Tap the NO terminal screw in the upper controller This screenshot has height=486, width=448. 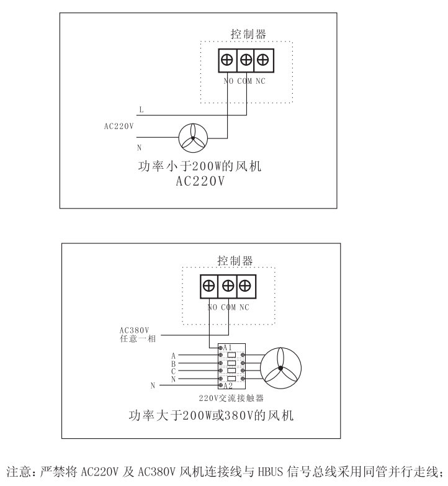tap(227, 60)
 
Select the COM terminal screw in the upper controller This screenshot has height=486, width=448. tap(246, 60)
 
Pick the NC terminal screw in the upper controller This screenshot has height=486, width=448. tap(263, 60)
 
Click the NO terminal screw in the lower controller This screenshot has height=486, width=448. tap(210, 286)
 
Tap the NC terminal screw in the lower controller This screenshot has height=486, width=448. tap(246, 286)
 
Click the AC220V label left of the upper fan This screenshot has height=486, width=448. tap(119, 126)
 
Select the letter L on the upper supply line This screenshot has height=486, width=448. tap(141, 110)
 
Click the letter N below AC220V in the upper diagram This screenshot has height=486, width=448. tap(139, 147)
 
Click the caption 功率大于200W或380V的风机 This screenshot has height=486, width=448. tap(211, 415)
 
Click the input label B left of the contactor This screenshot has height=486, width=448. tap(173, 364)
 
